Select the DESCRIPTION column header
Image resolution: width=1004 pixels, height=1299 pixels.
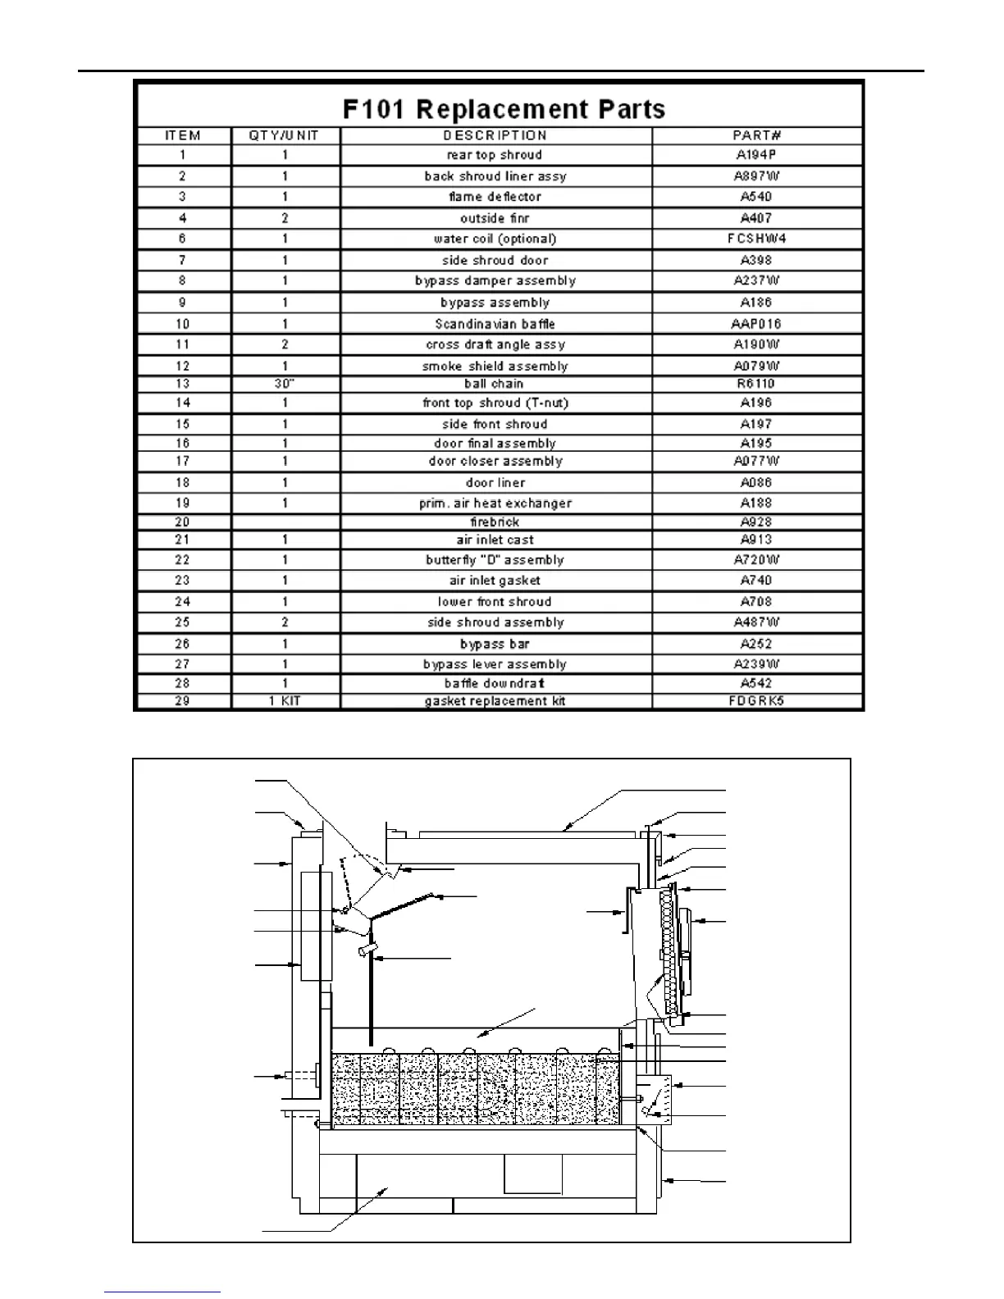(495, 136)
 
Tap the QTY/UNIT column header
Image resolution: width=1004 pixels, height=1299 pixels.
(284, 136)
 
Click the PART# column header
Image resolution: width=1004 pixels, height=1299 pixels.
(756, 136)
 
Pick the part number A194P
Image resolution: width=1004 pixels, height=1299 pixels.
(756, 155)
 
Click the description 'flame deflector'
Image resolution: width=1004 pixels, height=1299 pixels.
(495, 197)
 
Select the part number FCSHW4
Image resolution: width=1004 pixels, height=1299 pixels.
(756, 239)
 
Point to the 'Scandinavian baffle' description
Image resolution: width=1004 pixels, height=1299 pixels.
(495, 324)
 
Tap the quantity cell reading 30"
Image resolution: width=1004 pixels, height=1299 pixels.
(285, 384)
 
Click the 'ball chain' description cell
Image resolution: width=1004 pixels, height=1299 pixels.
(495, 384)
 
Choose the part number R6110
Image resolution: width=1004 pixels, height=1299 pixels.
(756, 384)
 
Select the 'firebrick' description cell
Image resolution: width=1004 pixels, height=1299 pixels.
(495, 522)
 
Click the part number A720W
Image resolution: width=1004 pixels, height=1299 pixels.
(756, 560)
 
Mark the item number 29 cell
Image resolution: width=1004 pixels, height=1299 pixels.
(182, 701)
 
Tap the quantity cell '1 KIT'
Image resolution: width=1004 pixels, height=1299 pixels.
(285, 701)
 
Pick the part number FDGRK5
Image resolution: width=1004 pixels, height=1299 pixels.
(756, 701)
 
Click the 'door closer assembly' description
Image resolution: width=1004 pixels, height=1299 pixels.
(495, 461)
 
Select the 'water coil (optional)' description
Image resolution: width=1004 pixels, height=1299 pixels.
(495, 239)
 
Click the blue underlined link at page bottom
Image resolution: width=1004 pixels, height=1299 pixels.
(162, 1292)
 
